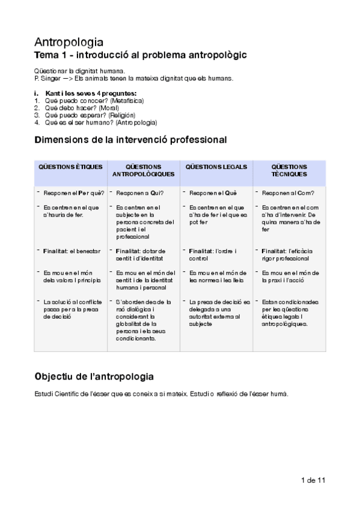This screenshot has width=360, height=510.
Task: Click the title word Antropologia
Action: coord(69,43)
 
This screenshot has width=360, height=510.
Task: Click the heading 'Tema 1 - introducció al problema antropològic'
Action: coord(140,55)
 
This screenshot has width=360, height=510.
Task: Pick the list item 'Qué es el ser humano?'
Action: coord(78,122)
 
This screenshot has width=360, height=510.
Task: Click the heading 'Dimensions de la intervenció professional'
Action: coord(130,140)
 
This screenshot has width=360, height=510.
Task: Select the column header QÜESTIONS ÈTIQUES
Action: coord(70,167)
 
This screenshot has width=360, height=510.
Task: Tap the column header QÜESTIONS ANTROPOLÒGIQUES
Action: coord(144,170)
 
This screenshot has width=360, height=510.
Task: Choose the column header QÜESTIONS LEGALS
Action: coord(216,167)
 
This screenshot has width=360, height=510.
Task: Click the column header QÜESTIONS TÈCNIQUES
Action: coord(289,170)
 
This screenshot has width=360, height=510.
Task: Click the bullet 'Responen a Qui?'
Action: coord(139,193)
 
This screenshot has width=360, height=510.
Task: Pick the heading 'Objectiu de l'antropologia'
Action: coord(94,376)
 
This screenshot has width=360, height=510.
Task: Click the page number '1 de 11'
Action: coord(313,481)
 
